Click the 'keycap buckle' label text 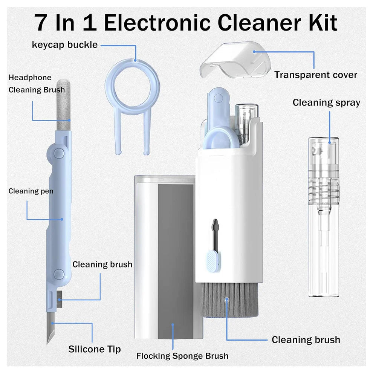pos(64,45)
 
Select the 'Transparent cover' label pos(315,75)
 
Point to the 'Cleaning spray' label pos(326,102)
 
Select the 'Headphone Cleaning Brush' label pos(37,84)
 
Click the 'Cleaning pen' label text pos(31,191)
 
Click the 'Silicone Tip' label pos(95,349)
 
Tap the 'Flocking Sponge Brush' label pos(182,356)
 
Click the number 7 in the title pos(44,23)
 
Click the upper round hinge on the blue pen pos(58,153)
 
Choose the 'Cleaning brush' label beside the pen pos(102,264)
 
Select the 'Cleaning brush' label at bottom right pos(306,340)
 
